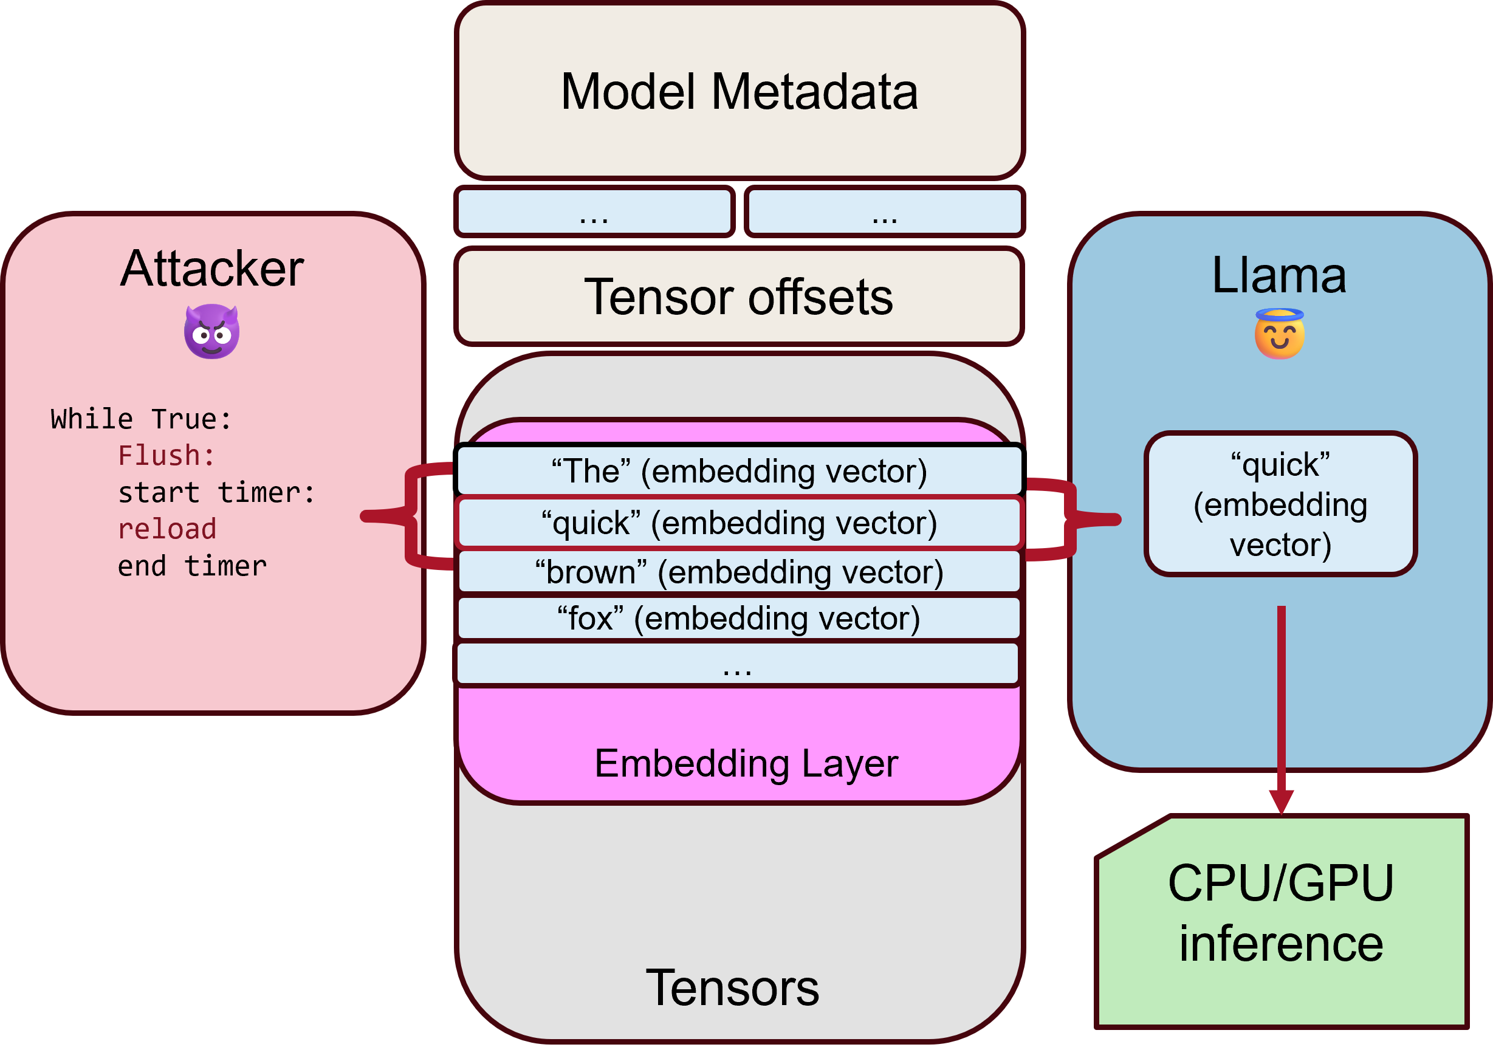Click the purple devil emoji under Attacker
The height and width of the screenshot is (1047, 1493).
pyautogui.click(x=211, y=332)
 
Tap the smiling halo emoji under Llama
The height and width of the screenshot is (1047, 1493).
pyautogui.click(x=1279, y=334)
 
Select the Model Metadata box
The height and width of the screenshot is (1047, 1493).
pyautogui.click(x=740, y=91)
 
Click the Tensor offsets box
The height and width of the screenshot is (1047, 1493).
pyautogui.click(x=739, y=297)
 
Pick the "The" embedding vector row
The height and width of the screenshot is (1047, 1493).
pyautogui.click(x=739, y=471)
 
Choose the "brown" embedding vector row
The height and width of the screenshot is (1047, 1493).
pyautogui.click(x=739, y=572)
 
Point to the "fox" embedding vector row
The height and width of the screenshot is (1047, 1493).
pyautogui.click(x=739, y=618)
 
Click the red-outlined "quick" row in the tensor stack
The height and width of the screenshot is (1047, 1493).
pyautogui.click(x=739, y=523)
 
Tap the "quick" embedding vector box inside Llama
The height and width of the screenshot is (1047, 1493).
pyautogui.click(x=1280, y=504)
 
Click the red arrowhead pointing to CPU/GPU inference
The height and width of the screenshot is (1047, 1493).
pyautogui.click(x=1281, y=801)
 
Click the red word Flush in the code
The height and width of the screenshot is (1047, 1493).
pyautogui.click(x=166, y=456)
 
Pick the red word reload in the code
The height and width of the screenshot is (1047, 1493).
pyautogui.click(x=167, y=529)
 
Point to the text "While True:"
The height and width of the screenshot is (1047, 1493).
pyautogui.click(x=141, y=419)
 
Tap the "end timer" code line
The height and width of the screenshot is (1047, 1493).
pyautogui.click(x=192, y=566)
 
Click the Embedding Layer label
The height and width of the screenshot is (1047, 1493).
pyautogui.click(x=746, y=763)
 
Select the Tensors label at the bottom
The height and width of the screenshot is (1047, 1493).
pyautogui.click(x=732, y=988)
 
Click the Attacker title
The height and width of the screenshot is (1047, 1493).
pyautogui.click(x=211, y=269)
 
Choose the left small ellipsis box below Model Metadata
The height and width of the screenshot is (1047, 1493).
pyautogui.click(x=594, y=211)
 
